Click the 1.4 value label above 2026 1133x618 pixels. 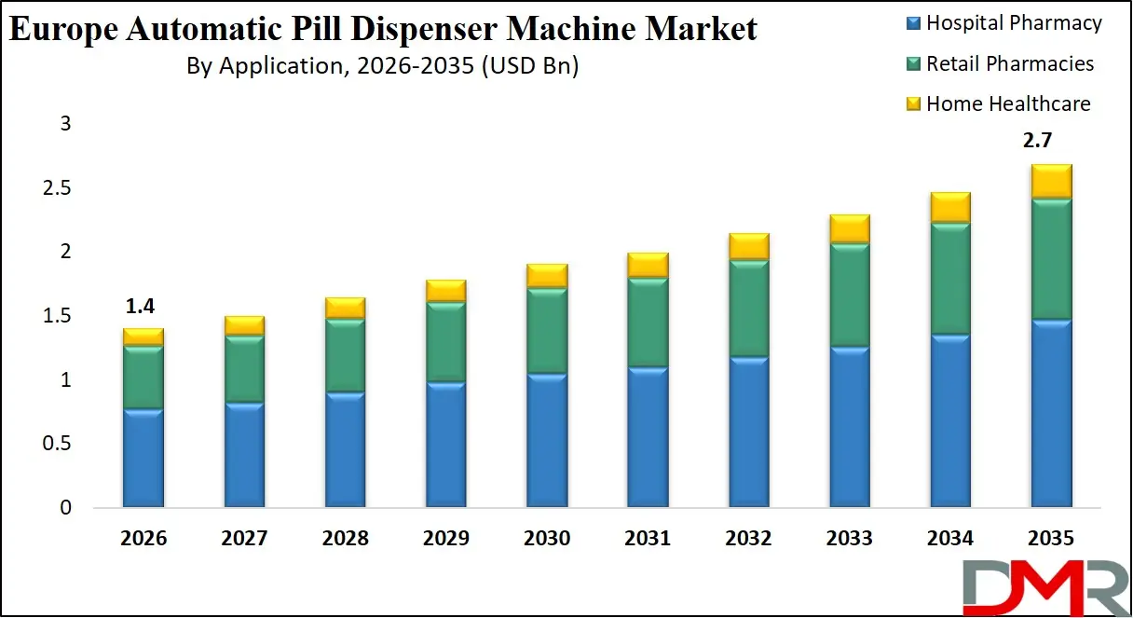(143, 307)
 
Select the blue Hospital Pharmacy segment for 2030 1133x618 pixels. (547, 441)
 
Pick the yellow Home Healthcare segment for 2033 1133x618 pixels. (849, 228)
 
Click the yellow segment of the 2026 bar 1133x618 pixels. (143, 336)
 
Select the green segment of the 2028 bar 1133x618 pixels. (345, 355)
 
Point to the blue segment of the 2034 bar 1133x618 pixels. (949, 421)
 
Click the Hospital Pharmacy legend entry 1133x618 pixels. (1003, 23)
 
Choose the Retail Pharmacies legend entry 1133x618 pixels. (1000, 63)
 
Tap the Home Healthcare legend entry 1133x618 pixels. (998, 103)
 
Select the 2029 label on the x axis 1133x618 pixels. (445, 539)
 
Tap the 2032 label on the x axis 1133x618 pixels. (748, 539)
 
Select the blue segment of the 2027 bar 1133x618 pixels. (244, 455)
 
